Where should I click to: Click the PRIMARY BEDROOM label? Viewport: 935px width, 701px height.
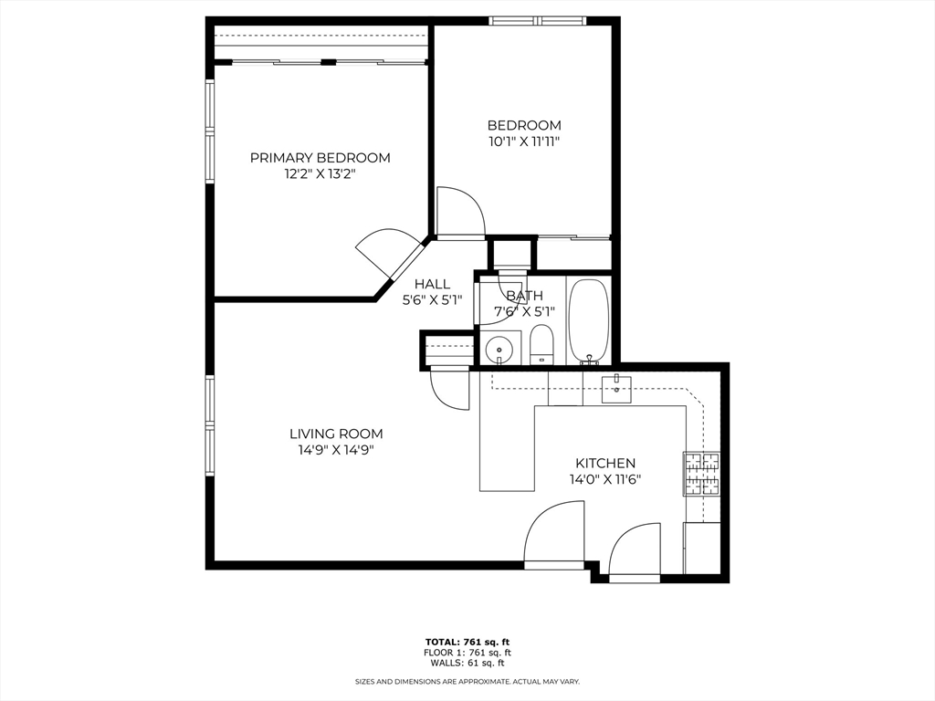[320, 158]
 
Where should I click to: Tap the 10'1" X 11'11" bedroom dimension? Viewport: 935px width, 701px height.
[524, 141]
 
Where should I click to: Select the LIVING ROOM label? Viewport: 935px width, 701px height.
[336, 434]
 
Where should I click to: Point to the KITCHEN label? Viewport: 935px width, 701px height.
[605, 463]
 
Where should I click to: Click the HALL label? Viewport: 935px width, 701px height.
[432, 284]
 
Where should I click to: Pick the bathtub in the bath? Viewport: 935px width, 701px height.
[589, 321]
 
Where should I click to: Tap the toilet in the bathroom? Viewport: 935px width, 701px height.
[542, 344]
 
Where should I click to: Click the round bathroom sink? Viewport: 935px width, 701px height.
[497, 350]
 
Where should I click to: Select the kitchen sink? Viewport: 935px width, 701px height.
[616, 389]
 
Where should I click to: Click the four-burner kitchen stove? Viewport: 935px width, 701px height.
[701, 474]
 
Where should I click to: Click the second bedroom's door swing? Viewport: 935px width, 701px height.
[461, 213]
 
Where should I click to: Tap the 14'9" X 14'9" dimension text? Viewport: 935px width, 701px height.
[336, 450]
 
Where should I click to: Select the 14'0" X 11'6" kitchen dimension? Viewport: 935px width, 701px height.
[605, 479]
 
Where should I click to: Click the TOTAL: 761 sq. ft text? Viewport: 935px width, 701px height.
[467, 642]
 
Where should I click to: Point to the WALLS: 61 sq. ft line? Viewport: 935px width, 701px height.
[467, 663]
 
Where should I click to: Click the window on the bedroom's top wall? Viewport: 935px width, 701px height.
[538, 21]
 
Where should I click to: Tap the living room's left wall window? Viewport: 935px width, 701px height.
[210, 425]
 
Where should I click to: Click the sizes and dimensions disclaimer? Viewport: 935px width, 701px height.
[467, 681]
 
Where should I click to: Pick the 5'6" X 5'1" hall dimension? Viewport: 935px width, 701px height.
[432, 299]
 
